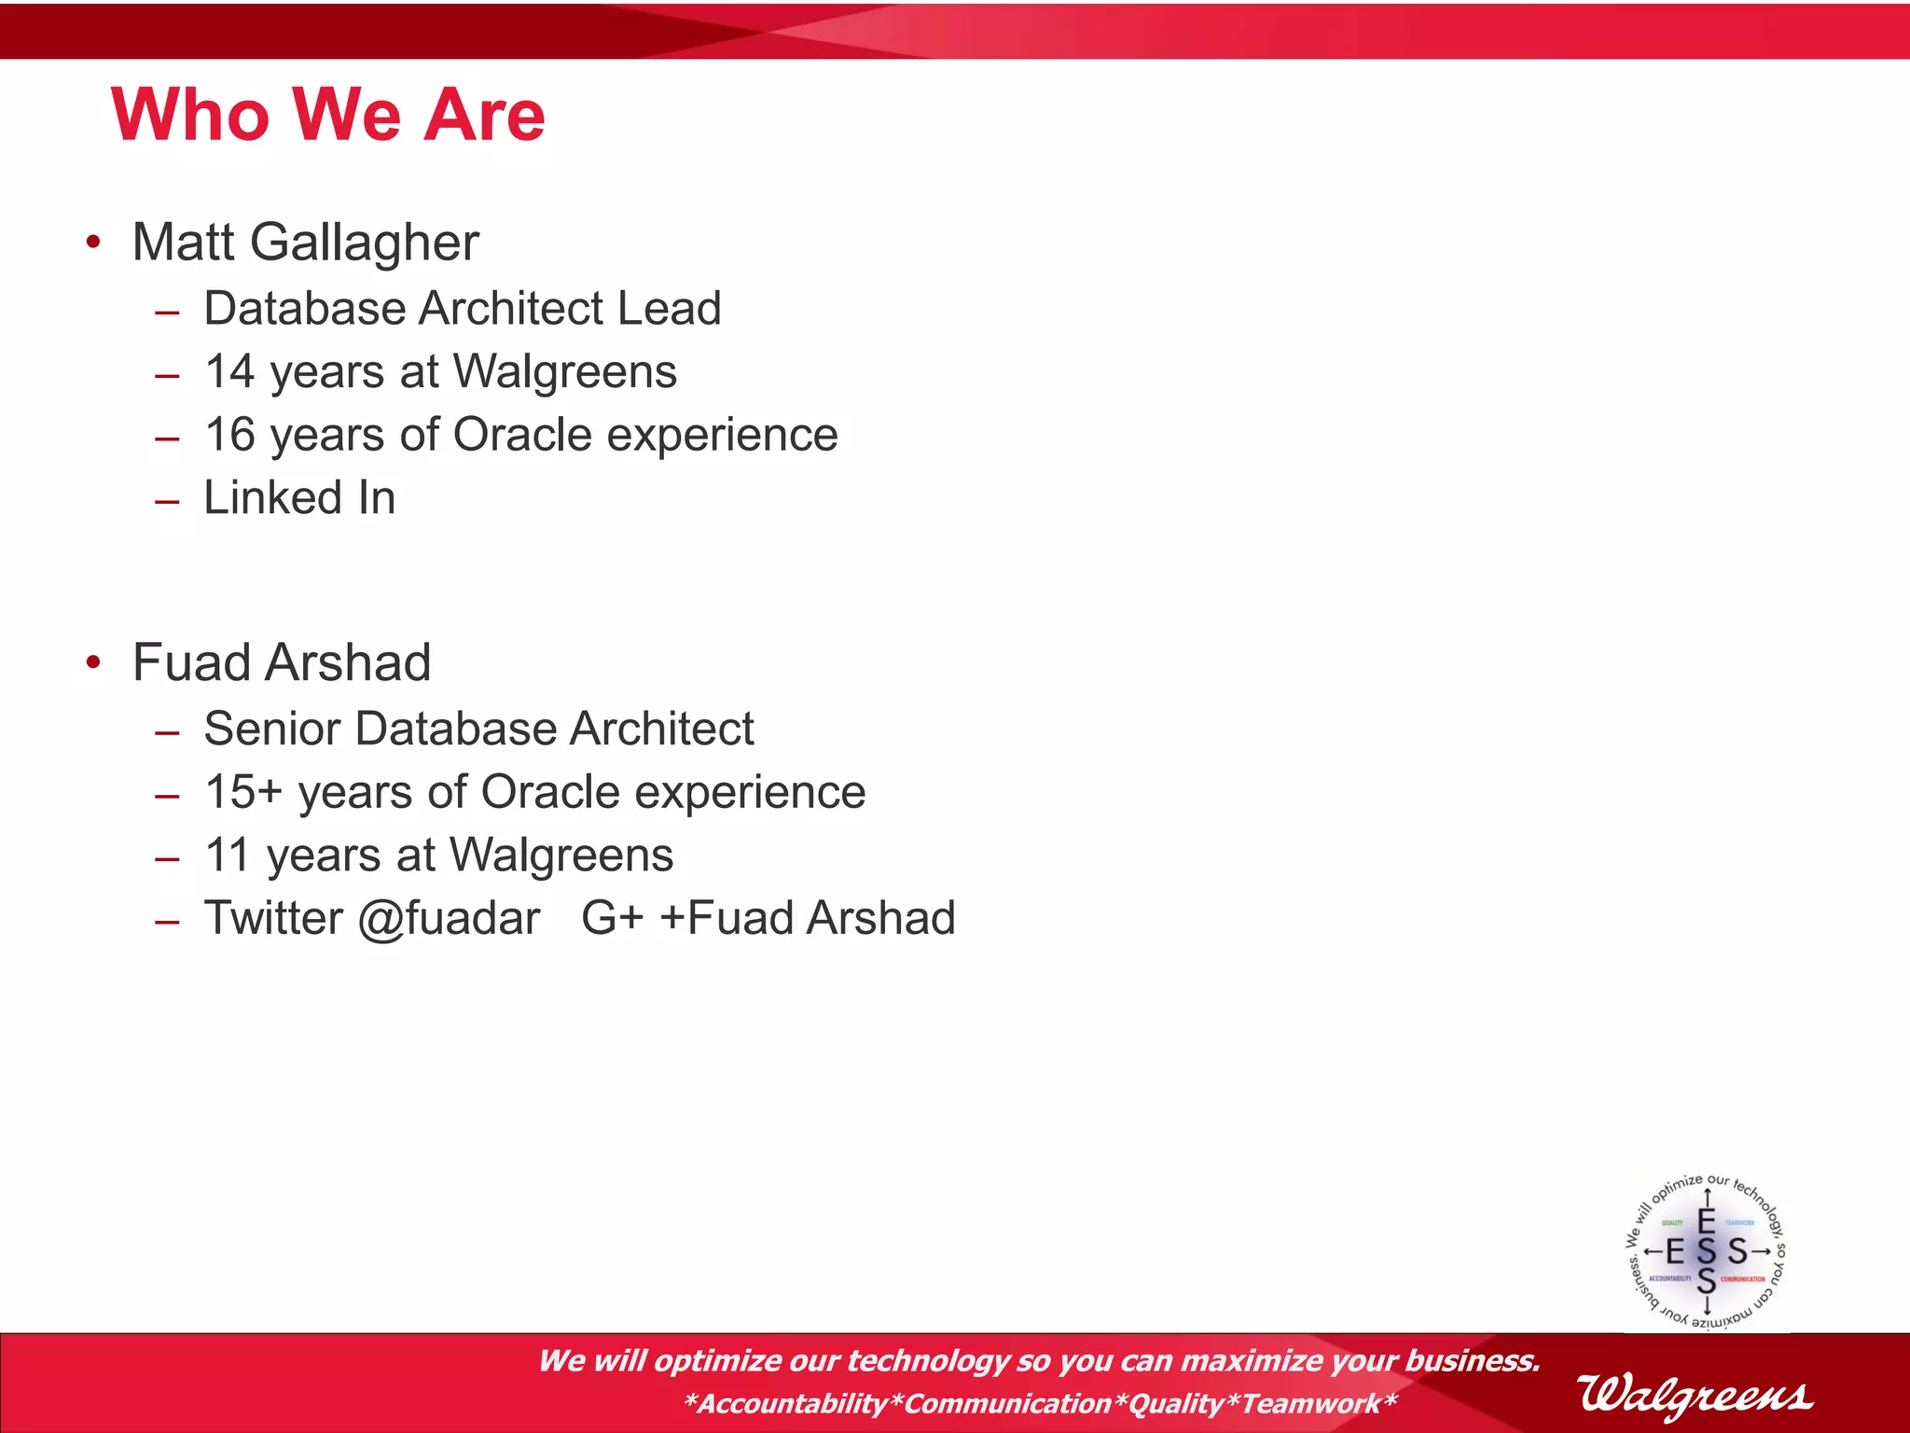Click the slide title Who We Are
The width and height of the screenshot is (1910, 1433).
pos(327,115)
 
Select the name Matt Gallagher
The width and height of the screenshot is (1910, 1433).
pos(305,243)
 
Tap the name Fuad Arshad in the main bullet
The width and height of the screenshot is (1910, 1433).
pos(281,662)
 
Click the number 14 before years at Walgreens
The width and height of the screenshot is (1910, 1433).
pos(229,371)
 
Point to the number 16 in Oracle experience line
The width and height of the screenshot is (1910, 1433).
pos(229,435)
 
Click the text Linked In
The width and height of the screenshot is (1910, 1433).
pos(299,497)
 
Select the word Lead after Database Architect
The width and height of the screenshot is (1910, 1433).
pos(670,309)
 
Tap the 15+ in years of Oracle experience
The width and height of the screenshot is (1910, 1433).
pos(242,792)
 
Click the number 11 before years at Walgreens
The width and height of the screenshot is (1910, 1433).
pos(227,856)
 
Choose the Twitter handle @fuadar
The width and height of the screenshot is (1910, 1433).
pos(448,919)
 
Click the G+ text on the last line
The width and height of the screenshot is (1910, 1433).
pos(612,918)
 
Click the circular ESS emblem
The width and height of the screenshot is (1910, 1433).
pos(1706,1251)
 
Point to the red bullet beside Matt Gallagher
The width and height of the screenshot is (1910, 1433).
pos(92,243)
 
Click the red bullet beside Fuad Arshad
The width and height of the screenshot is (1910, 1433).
pos(92,662)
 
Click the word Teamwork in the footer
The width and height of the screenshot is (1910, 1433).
pos(1311,1403)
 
